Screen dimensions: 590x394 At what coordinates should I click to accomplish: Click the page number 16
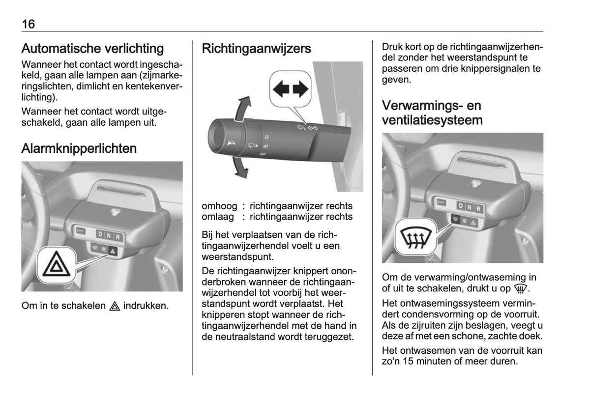click(x=28, y=24)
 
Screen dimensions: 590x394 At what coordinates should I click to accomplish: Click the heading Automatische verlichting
click(x=92, y=49)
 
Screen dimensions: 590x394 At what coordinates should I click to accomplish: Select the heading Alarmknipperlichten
click(x=79, y=148)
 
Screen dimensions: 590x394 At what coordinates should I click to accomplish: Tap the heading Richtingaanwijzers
click(x=256, y=49)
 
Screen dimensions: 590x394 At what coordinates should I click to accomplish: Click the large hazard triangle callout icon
click(x=57, y=264)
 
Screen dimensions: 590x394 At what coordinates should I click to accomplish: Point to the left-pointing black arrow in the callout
click(x=281, y=89)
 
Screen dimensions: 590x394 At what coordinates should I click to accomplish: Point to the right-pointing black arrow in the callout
click(x=300, y=89)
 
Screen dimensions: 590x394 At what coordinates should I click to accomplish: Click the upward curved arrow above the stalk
click(x=242, y=109)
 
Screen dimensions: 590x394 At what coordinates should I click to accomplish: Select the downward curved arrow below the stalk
click(x=240, y=168)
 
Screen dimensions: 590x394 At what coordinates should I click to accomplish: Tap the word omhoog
click(x=219, y=206)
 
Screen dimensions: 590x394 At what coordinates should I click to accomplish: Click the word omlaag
click(x=218, y=217)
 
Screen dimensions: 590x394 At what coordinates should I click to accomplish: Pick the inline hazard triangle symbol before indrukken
click(x=115, y=306)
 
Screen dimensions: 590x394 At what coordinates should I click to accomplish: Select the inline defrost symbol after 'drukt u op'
click(x=521, y=289)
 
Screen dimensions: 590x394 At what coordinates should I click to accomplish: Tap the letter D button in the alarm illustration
click(x=100, y=234)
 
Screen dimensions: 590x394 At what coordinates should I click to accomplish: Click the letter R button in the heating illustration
click(x=478, y=209)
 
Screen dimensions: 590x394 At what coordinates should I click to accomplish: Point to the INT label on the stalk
click(x=265, y=146)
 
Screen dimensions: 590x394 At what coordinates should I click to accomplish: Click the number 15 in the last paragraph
click(x=408, y=362)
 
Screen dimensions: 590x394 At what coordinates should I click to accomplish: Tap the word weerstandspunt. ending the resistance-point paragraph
click(x=238, y=257)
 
